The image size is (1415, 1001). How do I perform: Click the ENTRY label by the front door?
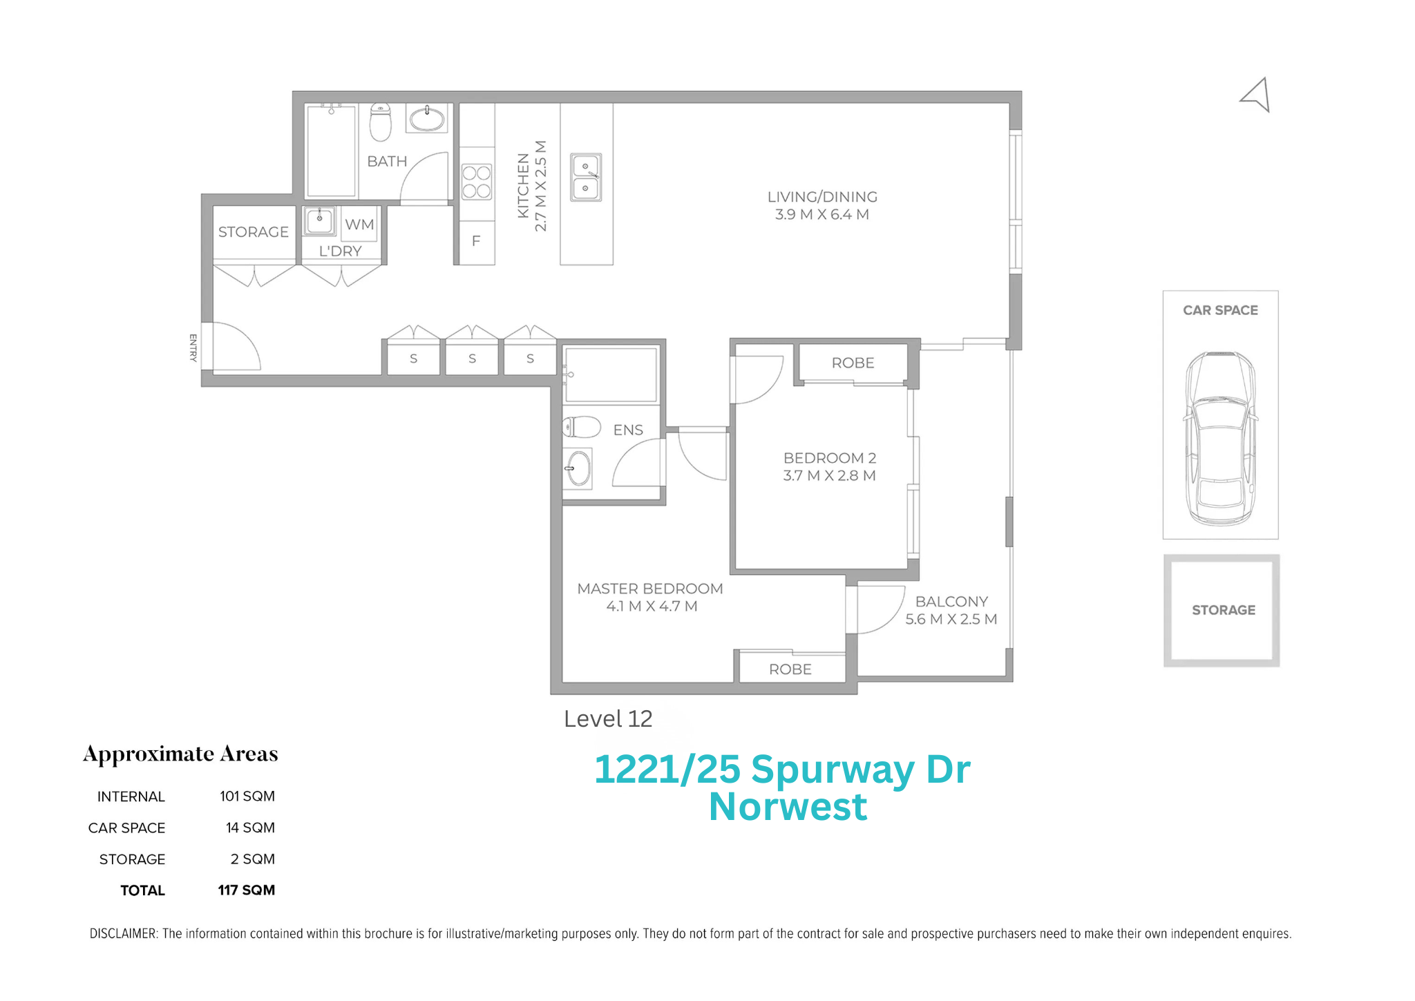tap(193, 347)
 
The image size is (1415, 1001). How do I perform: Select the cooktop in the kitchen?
tap(477, 182)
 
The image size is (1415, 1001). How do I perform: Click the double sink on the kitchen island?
tap(586, 178)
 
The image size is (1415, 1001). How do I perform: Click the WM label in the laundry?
tap(359, 225)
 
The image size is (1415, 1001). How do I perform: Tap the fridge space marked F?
tap(476, 241)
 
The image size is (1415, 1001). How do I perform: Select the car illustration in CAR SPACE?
tap(1221, 438)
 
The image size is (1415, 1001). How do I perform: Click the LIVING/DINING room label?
tap(822, 197)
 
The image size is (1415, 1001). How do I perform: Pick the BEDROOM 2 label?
tap(829, 458)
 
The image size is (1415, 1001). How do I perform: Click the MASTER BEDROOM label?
tap(650, 589)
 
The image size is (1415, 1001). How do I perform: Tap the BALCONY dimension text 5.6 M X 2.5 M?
tap(951, 620)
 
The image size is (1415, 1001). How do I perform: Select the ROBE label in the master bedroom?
tap(790, 669)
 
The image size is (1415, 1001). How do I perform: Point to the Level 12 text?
tap(608, 719)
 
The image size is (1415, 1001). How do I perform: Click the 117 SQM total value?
tap(247, 890)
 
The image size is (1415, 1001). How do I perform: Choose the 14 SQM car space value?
tap(250, 828)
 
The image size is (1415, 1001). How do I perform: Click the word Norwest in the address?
tap(788, 807)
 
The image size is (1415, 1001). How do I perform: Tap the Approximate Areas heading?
tap(180, 754)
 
